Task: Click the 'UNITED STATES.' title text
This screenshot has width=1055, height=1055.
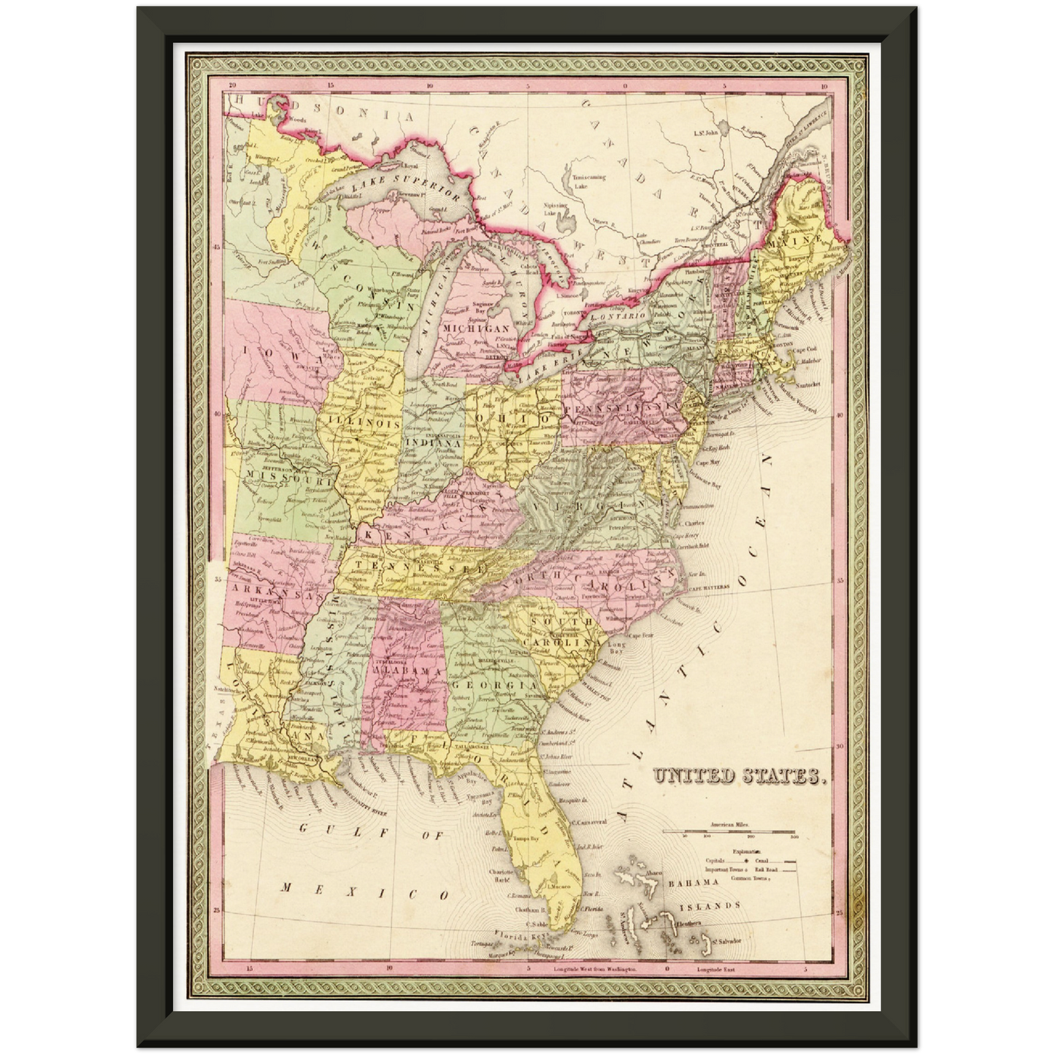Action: tap(740, 776)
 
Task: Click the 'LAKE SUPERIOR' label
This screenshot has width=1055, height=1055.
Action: tap(404, 186)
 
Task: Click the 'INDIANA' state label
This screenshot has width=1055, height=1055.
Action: tap(433, 442)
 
